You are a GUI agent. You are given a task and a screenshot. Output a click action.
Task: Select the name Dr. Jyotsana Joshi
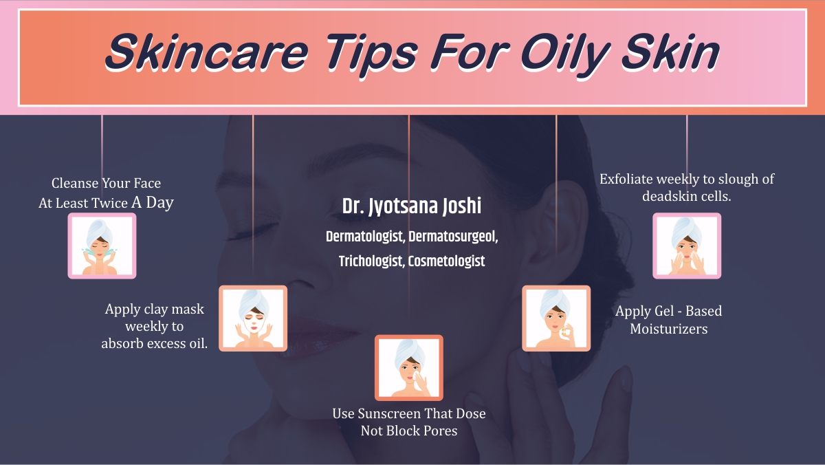411,206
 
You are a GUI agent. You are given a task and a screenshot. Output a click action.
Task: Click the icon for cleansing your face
102,246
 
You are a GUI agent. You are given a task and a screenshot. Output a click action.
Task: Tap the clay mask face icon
253,318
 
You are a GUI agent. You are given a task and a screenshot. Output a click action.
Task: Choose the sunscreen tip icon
409,367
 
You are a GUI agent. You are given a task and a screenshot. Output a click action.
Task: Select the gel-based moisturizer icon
556,318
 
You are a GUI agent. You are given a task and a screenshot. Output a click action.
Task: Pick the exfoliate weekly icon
687,246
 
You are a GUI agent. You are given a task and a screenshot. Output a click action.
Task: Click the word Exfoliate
625,179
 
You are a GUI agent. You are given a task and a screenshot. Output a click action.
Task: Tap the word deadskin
670,196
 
